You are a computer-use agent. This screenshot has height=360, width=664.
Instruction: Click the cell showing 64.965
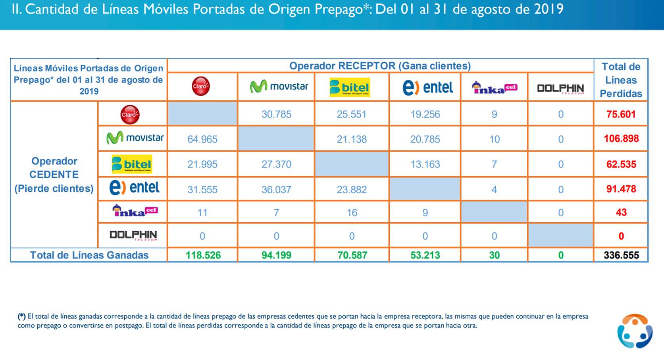click(202, 139)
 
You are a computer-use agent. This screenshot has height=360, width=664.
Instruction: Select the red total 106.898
click(621, 139)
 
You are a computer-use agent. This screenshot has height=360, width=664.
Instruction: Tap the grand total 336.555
click(621, 255)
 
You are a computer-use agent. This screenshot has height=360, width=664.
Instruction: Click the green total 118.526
click(203, 255)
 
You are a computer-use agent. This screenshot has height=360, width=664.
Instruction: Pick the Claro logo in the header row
click(201, 87)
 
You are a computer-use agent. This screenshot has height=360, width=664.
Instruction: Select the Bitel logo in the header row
click(350, 87)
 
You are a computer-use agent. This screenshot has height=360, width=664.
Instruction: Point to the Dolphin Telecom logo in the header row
click(560, 89)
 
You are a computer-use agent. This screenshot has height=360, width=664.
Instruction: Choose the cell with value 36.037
click(276, 190)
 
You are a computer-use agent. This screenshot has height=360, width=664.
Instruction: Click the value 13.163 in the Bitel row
click(425, 164)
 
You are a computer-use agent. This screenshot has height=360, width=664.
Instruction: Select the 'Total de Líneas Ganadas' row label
click(89, 255)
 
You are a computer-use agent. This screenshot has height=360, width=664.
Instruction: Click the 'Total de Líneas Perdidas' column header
click(621, 80)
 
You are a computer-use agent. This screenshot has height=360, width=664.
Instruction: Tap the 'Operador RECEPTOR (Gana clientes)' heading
click(380, 66)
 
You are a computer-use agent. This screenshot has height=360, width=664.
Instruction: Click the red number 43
click(621, 212)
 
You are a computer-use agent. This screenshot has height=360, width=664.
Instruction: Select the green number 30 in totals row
click(494, 255)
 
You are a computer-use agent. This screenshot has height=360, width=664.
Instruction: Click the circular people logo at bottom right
click(635, 332)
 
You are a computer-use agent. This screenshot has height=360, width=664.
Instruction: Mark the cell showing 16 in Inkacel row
click(352, 213)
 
